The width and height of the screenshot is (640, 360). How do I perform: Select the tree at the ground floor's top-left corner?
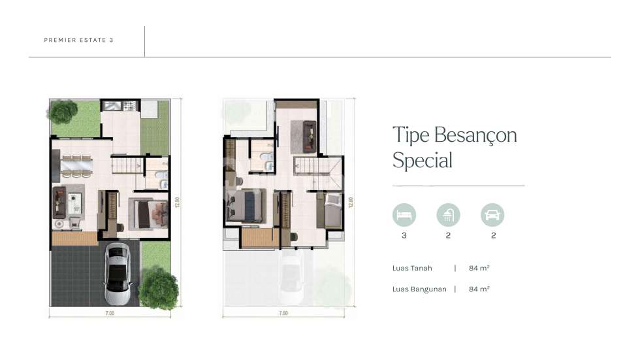pyautogui.click(x=63, y=112)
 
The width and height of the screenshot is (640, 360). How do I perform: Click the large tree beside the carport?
pyautogui.click(x=158, y=287)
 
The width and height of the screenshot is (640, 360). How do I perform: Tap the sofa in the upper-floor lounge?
pyautogui.click(x=304, y=133)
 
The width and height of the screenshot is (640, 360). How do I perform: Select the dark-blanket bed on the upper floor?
pyautogui.click(x=246, y=206)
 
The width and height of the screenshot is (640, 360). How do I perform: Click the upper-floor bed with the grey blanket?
pyautogui.click(x=331, y=210)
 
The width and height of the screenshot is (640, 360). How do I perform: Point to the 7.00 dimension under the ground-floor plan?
pyautogui.click(x=110, y=314)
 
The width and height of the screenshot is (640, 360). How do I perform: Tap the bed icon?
pyautogui.click(x=404, y=214)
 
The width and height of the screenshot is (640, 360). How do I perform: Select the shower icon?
pyautogui.click(x=448, y=214)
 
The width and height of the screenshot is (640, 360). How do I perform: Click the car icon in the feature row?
pyautogui.click(x=492, y=214)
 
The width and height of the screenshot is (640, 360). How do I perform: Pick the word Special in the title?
pyautogui.click(x=422, y=160)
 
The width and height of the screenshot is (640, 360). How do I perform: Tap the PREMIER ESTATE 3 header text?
pyautogui.click(x=79, y=40)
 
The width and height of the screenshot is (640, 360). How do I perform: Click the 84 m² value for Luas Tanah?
pyautogui.click(x=479, y=268)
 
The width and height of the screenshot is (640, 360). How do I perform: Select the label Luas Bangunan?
pyautogui.click(x=419, y=289)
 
